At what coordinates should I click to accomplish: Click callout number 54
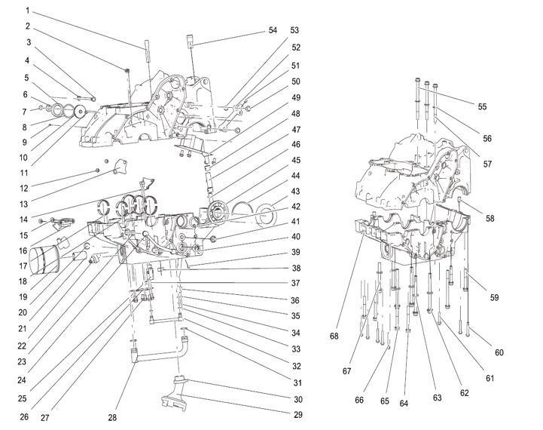pos(273,30)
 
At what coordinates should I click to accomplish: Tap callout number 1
pos(27,11)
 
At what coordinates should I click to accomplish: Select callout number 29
pos(298,415)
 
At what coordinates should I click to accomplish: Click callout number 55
pos(482,106)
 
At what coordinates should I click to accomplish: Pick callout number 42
pos(295,207)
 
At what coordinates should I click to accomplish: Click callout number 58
pos(490,219)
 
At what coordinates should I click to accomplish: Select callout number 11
pos(23,174)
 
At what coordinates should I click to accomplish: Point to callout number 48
pos(295,115)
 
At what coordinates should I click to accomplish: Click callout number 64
pos(404,403)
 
